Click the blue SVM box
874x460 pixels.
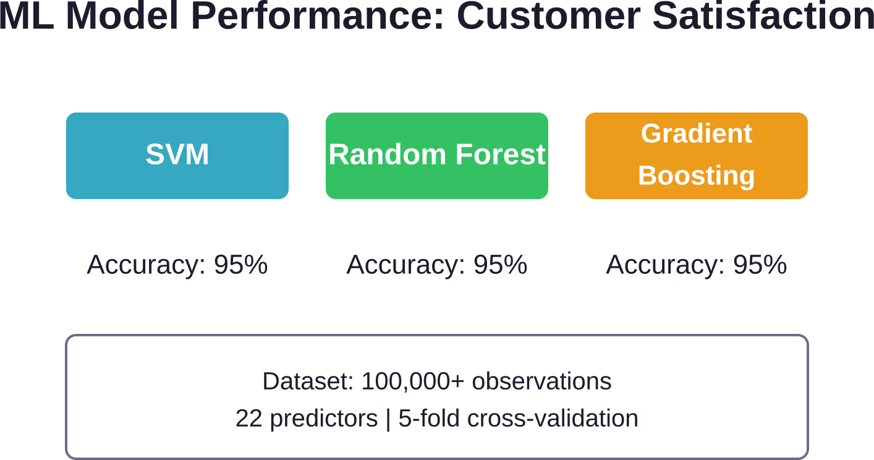coord(177,156)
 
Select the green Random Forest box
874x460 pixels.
coord(436,156)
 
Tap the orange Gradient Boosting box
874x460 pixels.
coord(697,156)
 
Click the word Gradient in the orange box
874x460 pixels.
coord(697,134)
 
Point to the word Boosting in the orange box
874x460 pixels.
coord(697,175)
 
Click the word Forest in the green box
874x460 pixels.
coord(500,154)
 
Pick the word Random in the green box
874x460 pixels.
coord(387,154)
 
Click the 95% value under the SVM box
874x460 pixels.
coord(240,265)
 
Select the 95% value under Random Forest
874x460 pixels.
coord(500,265)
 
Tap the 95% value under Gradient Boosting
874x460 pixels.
coord(760,265)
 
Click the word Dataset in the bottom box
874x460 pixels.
coord(308,381)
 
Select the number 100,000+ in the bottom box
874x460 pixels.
coord(413,381)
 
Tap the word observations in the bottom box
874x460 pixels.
coord(541,381)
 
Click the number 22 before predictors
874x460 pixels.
coord(249,418)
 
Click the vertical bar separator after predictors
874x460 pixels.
coord(388,419)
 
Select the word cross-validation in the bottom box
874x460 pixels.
coord(553,418)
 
